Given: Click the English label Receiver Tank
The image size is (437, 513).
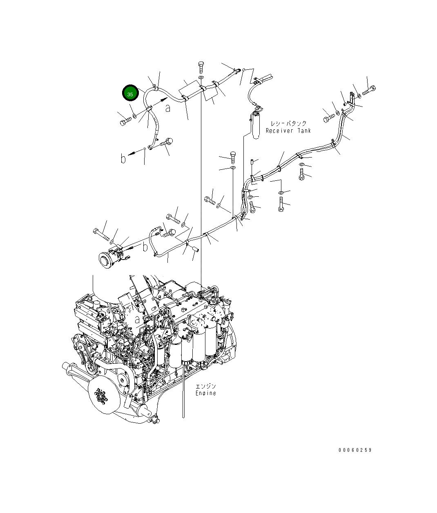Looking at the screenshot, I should click(288, 131).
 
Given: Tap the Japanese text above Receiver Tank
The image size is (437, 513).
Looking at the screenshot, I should click(289, 123).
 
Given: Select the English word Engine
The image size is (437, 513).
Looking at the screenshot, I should click(205, 393).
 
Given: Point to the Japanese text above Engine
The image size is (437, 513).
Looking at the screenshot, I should click(205, 386).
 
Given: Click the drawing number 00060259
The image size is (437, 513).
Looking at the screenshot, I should click(355, 450).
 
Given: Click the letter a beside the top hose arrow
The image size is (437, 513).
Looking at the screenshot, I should click(168, 108).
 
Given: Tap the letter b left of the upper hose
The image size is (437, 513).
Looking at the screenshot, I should click(123, 158).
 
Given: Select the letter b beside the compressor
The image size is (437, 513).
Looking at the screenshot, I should click(145, 247).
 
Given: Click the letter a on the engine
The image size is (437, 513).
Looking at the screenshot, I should click(138, 320).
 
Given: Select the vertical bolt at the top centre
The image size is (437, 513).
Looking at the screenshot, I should click(201, 67).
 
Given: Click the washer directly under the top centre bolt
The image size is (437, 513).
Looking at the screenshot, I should click(201, 78).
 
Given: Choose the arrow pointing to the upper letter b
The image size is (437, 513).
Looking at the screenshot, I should click(132, 154).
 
